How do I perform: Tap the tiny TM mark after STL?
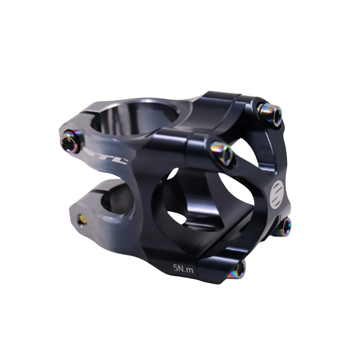point(126,161)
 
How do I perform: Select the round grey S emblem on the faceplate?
point(276,195)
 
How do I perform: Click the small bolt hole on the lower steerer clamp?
point(82,220)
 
